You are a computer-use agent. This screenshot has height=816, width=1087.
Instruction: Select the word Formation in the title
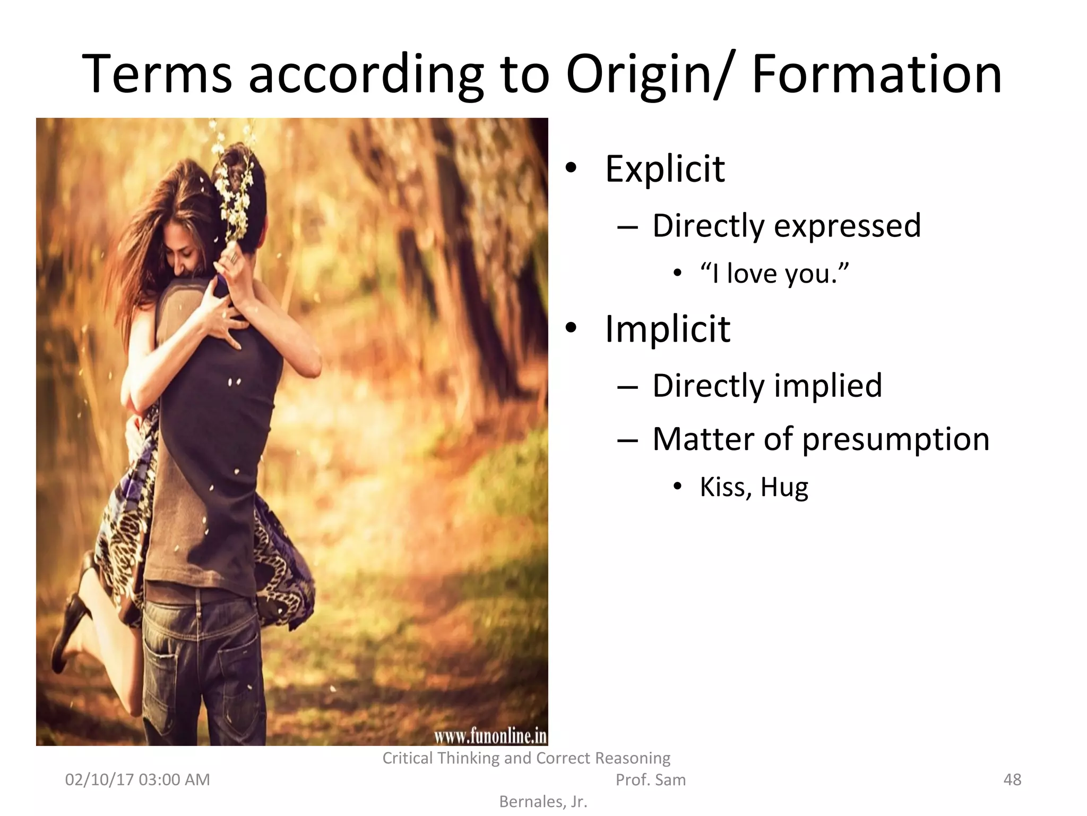(x=876, y=74)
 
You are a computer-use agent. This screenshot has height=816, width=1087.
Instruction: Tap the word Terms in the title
(x=157, y=74)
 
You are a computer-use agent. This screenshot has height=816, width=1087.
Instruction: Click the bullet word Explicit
(x=665, y=169)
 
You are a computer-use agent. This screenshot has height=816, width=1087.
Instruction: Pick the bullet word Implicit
(x=667, y=329)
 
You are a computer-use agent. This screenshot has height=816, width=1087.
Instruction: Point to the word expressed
(x=847, y=226)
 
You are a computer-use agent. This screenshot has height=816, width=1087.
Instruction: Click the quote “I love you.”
(x=774, y=274)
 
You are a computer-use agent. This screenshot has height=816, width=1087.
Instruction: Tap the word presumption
(x=895, y=440)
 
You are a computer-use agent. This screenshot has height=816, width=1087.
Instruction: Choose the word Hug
(x=784, y=488)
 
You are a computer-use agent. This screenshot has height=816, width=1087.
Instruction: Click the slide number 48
(x=1012, y=779)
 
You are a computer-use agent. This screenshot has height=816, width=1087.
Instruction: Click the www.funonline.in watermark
(x=490, y=736)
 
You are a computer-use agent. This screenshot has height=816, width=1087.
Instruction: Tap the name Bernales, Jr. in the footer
(x=543, y=802)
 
